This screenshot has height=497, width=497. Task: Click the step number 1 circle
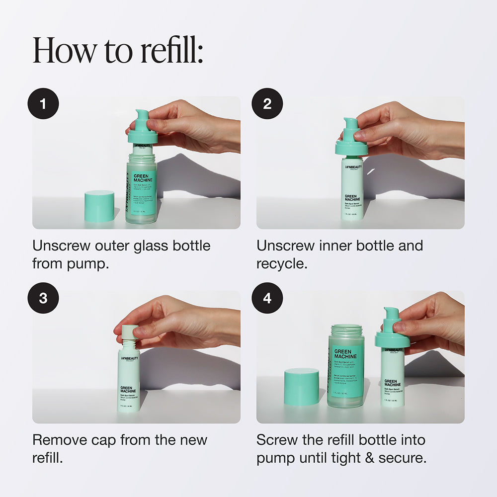click(x=43, y=103)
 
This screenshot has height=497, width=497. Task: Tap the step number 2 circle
click(x=267, y=103)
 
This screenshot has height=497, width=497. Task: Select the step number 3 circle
click(x=43, y=298)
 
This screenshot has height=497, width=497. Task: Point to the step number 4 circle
click(x=267, y=298)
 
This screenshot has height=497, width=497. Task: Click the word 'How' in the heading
click(x=60, y=51)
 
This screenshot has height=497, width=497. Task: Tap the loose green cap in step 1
click(x=99, y=206)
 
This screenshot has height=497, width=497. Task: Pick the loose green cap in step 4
click(x=301, y=386)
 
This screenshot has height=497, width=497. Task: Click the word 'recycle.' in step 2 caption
click(x=282, y=263)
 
